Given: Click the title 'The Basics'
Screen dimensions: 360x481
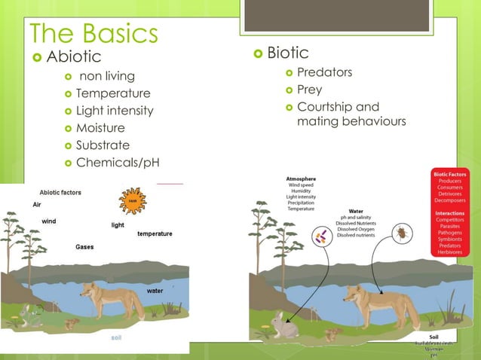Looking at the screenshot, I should [93, 32].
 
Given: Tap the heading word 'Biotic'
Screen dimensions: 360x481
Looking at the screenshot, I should [287, 53].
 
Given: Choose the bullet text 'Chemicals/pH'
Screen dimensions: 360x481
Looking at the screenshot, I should [118, 163].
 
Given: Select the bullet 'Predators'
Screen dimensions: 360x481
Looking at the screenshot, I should [324, 72].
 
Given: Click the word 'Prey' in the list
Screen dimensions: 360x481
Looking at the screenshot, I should [309, 90].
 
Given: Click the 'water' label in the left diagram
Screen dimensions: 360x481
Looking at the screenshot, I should [155, 290].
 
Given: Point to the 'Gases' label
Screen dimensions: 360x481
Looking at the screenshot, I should [84, 247].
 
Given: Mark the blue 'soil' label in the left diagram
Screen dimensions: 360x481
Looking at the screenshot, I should [116, 337].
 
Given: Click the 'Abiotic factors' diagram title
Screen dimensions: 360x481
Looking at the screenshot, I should [60, 193].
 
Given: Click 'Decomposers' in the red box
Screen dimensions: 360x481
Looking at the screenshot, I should [449, 201].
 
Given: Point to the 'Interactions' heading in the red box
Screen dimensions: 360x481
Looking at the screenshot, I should [449, 212].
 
